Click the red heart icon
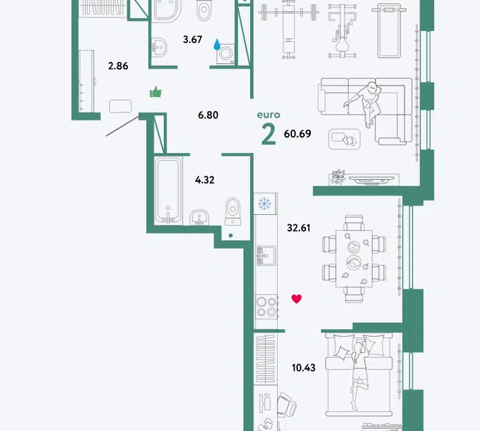click(x=297, y=298)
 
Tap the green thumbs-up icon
click(x=156, y=92)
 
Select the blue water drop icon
click(x=217, y=44)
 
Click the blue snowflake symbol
click(x=264, y=203)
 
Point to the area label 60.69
click(x=297, y=133)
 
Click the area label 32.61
click(x=299, y=228)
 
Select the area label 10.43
click(x=303, y=368)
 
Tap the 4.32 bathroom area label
click(x=204, y=180)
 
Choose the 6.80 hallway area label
click(x=208, y=115)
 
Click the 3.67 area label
click(x=193, y=40)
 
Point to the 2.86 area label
click(x=118, y=66)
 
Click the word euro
click(x=268, y=114)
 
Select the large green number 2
click(x=269, y=135)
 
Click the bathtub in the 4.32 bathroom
click(x=169, y=191)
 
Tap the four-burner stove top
click(x=266, y=307)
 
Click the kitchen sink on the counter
click(x=266, y=256)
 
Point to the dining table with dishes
click(x=354, y=259)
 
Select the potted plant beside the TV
click(x=338, y=177)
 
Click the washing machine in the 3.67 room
click(x=226, y=54)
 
